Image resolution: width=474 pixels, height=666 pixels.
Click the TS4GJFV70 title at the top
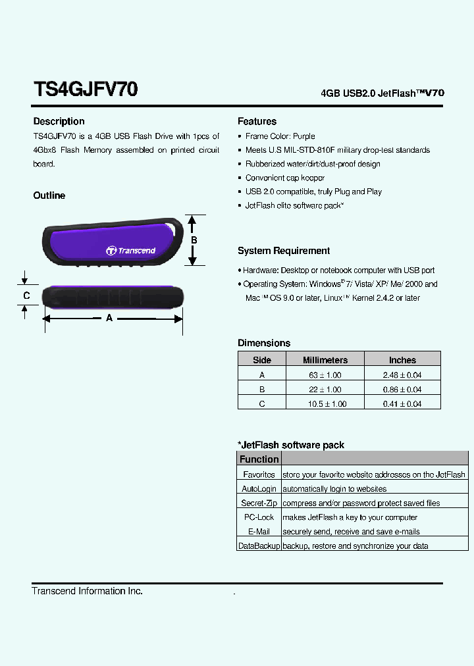[x=85, y=89]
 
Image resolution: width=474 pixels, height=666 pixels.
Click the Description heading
[x=59, y=121]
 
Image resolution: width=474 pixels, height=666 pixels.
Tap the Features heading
[x=257, y=121]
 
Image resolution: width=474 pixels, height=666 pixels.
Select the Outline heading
[x=49, y=195]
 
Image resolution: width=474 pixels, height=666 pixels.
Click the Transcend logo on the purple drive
[x=131, y=250]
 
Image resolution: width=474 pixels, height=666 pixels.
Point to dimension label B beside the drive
[x=194, y=240]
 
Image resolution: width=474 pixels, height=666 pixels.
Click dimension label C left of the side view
[x=26, y=295]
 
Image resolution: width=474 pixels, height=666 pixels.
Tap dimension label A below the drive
[x=109, y=318]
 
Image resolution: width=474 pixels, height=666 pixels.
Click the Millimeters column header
[x=325, y=360]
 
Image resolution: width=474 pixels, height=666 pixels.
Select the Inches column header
[x=402, y=360]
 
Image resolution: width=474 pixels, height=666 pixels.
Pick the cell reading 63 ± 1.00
[x=325, y=374]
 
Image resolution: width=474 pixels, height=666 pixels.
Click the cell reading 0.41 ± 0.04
[x=402, y=403]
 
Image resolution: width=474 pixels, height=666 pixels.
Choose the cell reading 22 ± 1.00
[x=325, y=389]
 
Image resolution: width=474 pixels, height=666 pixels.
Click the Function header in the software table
[x=259, y=459]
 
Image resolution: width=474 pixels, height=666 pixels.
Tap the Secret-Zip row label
[x=259, y=503]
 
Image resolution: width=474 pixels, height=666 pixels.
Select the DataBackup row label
[x=259, y=546]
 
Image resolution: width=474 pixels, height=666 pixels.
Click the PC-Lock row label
[x=259, y=517]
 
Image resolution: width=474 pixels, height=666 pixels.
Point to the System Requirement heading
[x=284, y=251]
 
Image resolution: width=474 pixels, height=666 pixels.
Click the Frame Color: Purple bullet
[x=280, y=136]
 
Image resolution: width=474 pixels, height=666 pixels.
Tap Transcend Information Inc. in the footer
[x=87, y=591]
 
